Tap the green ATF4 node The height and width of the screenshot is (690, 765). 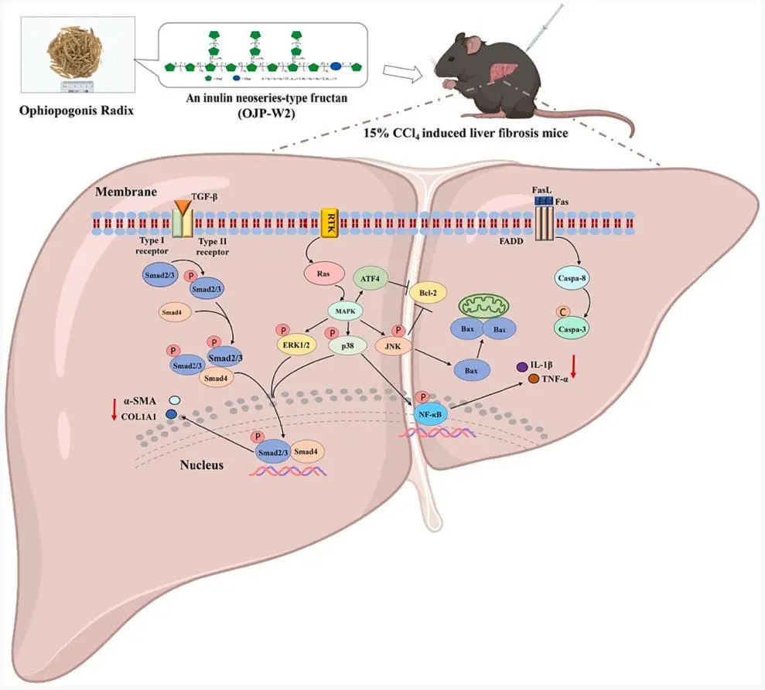tap(371, 277)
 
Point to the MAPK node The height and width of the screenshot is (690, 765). tap(343, 311)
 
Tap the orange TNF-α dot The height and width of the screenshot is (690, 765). tap(534, 379)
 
